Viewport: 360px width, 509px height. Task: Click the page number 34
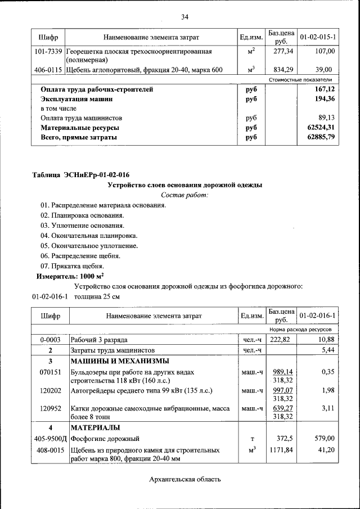[184, 16]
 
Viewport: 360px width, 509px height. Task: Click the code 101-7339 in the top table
[48, 51]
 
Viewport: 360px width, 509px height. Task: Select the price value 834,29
[278, 70]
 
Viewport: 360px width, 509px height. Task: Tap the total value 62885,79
[321, 137]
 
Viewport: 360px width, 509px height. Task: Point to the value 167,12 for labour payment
[323, 89]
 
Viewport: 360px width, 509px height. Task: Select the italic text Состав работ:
[184, 195]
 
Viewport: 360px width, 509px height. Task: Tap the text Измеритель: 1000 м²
[70, 276]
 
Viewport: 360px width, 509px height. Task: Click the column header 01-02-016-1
[318, 316]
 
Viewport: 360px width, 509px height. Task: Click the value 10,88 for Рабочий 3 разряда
[326, 340]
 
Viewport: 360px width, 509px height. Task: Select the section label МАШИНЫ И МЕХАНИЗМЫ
[120, 361]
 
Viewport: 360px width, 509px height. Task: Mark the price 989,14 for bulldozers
[281, 372]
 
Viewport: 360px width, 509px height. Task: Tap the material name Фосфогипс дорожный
[105, 438]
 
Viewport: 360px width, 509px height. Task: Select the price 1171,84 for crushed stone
[281, 451]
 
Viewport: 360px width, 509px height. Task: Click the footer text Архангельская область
[184, 479]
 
